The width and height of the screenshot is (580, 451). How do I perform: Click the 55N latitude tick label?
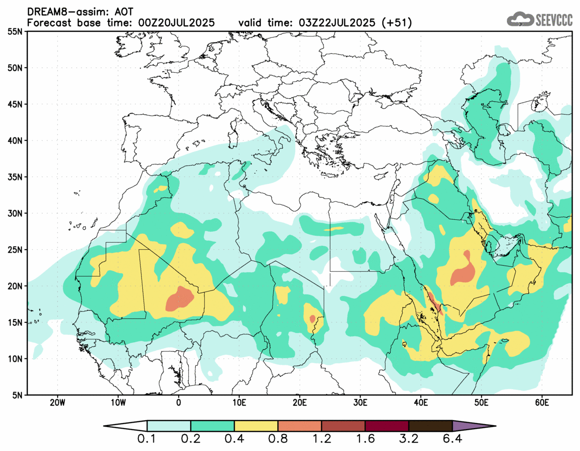click(15, 31)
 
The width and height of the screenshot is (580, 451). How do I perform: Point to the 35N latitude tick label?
click(15, 177)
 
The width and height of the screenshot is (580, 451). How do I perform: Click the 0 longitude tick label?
click(178, 402)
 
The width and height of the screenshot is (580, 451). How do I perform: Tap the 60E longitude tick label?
click(542, 402)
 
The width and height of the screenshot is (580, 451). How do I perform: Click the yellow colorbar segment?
click(256, 426)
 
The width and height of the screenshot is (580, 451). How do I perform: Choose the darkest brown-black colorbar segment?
click(430, 426)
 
